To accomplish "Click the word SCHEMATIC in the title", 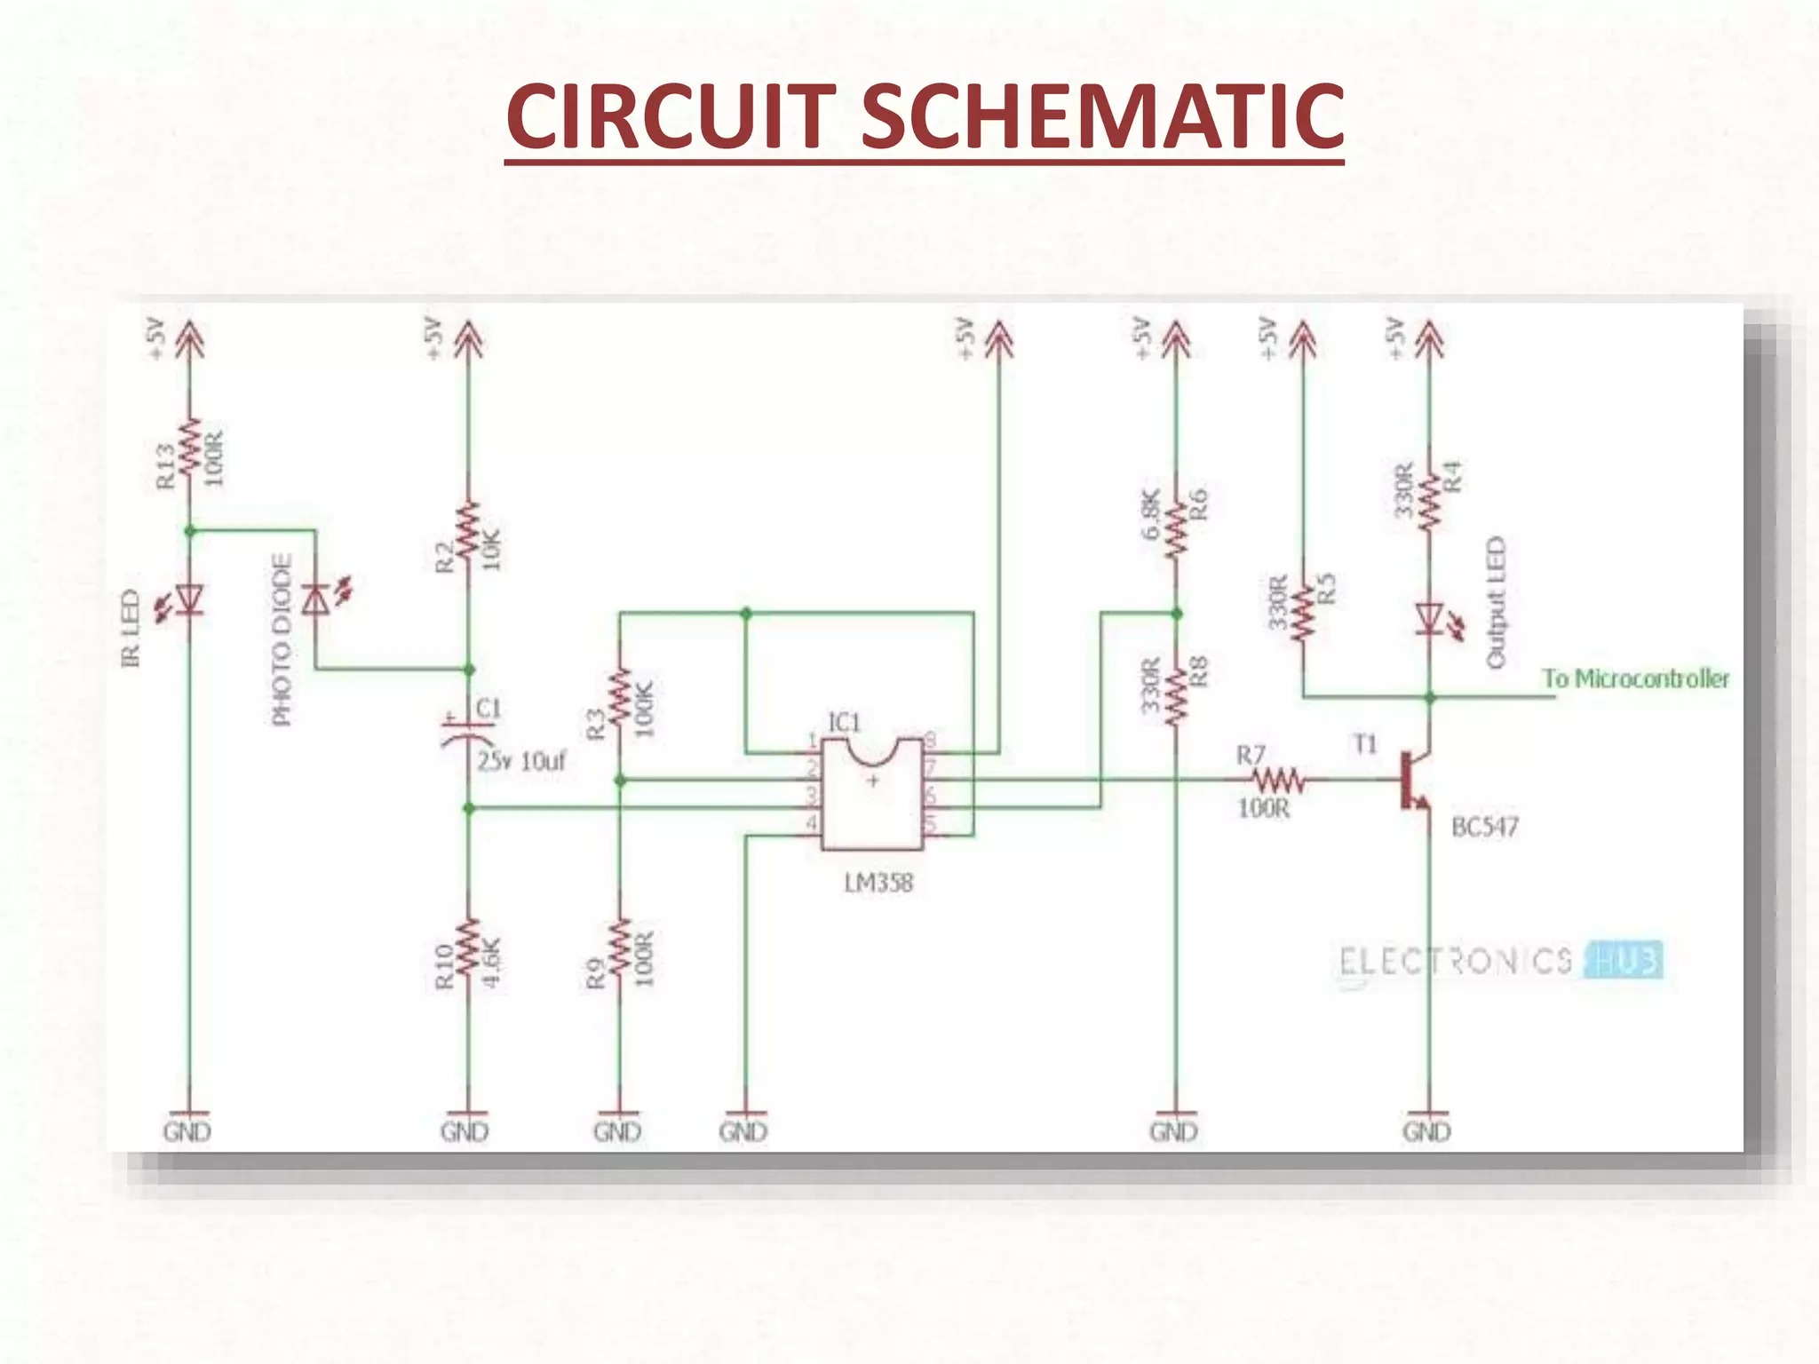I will [1101, 115].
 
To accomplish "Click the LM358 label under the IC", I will [878, 883].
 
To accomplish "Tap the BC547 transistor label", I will [1484, 827].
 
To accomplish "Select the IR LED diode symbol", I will [189, 600].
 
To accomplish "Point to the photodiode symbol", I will [316, 600].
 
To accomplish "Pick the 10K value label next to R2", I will [491, 548].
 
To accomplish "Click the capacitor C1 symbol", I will [468, 728].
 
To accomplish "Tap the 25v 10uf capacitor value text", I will [521, 761].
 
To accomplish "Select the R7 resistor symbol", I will [1277, 781].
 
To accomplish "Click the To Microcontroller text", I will [1635, 679].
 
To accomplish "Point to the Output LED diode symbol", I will [1429, 618].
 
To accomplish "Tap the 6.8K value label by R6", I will [1151, 514].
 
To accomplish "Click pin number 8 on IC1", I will [930, 739].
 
